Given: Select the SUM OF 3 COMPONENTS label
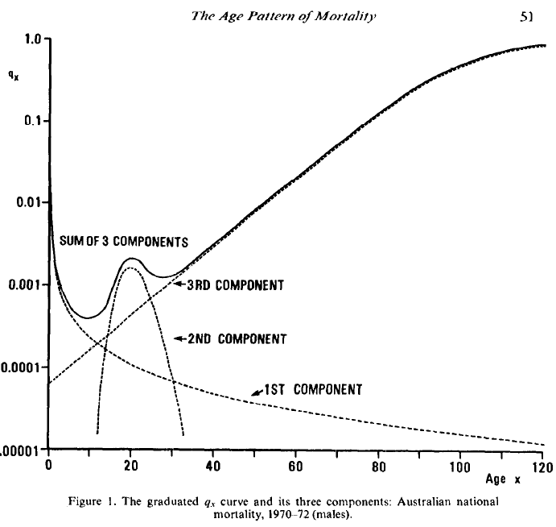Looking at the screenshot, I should tap(123, 242).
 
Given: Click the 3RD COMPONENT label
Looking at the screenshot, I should tap(235, 285).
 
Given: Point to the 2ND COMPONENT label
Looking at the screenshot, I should tap(237, 339).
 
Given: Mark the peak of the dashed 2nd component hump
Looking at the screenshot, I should tap(131, 268).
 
